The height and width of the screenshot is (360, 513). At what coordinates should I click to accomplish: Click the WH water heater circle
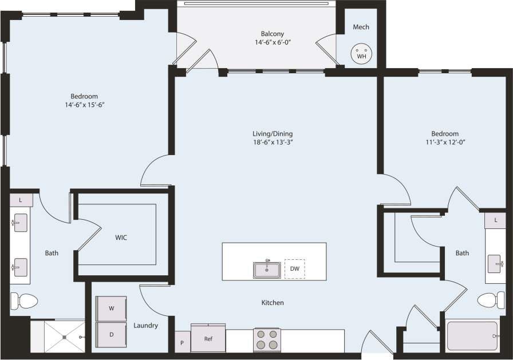(x=361, y=53)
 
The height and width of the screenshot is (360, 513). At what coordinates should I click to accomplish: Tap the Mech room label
(x=361, y=27)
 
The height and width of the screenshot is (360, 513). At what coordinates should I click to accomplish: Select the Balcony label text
(x=273, y=34)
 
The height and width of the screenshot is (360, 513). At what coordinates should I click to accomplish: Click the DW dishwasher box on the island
(x=295, y=268)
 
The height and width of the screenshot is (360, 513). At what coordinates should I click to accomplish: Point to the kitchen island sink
(x=267, y=269)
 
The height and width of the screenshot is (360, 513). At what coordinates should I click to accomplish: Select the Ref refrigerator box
(x=208, y=339)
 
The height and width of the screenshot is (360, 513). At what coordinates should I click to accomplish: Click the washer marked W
(x=112, y=308)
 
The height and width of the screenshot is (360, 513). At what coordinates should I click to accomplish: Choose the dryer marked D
(x=112, y=334)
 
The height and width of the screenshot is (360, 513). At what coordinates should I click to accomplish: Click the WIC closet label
(x=121, y=236)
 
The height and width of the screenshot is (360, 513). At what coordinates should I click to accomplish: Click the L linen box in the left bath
(x=21, y=200)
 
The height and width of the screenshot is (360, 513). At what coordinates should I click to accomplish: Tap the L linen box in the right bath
(x=495, y=219)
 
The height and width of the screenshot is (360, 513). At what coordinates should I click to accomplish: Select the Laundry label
(x=145, y=326)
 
